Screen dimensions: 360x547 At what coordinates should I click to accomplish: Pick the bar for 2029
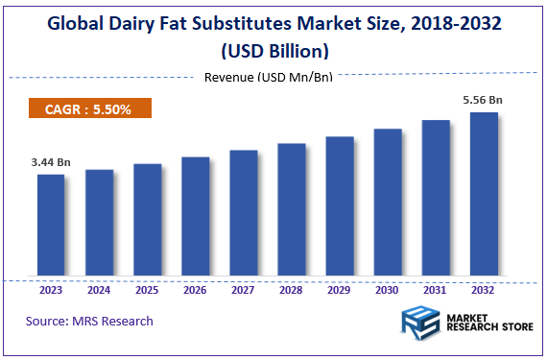click(x=340, y=207)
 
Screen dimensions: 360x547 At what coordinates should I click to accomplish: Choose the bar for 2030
click(x=388, y=204)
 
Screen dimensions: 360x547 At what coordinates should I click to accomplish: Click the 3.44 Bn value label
click(x=50, y=163)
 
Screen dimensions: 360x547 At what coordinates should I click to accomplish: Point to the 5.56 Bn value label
click(x=484, y=100)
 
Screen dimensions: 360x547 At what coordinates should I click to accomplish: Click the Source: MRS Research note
click(x=89, y=321)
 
